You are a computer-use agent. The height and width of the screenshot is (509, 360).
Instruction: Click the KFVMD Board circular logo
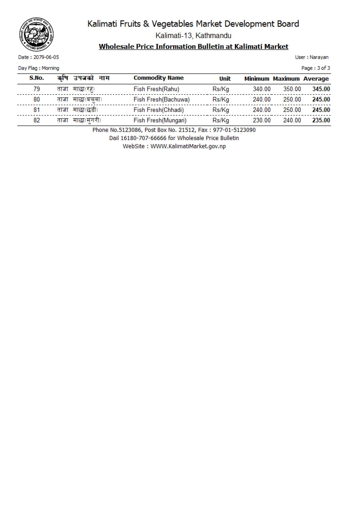pos(36,35)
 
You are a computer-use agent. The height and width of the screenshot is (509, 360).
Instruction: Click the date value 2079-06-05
pos(46,57)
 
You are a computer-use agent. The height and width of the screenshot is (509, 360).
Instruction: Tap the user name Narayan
pos(319,57)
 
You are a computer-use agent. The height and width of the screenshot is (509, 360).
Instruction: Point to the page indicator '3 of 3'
pos(323,68)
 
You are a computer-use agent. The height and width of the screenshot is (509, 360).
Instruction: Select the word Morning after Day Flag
pos(50,68)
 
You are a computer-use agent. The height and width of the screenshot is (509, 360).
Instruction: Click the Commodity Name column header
pos(158,78)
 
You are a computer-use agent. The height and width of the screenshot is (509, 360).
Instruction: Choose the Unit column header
pos(225,79)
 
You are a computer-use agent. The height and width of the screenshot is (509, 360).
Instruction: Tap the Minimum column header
pos(257,79)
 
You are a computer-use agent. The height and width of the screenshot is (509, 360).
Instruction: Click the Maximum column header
pos(286,79)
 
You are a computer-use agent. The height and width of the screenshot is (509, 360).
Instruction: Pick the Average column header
pos(316,79)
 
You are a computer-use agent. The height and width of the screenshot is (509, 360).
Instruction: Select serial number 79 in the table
pos(37,89)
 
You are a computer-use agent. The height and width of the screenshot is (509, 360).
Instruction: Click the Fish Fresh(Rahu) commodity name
pos(156,89)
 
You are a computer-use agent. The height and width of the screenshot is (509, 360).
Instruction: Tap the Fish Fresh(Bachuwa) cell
pos(162,99)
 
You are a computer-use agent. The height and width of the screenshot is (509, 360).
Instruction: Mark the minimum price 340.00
pos(262,89)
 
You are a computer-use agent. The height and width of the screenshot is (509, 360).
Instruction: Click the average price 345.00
pos(321,89)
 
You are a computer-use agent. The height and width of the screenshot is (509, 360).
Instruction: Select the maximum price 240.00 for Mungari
pos(292,120)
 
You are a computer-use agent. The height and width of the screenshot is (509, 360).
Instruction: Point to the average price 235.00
pos(321,120)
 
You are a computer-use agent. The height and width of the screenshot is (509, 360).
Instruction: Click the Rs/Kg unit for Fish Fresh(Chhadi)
pos(221,110)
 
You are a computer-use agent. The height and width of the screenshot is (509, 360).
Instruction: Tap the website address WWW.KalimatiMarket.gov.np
pos(188,146)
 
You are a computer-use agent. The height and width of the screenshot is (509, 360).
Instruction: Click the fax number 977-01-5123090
pos(234,130)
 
